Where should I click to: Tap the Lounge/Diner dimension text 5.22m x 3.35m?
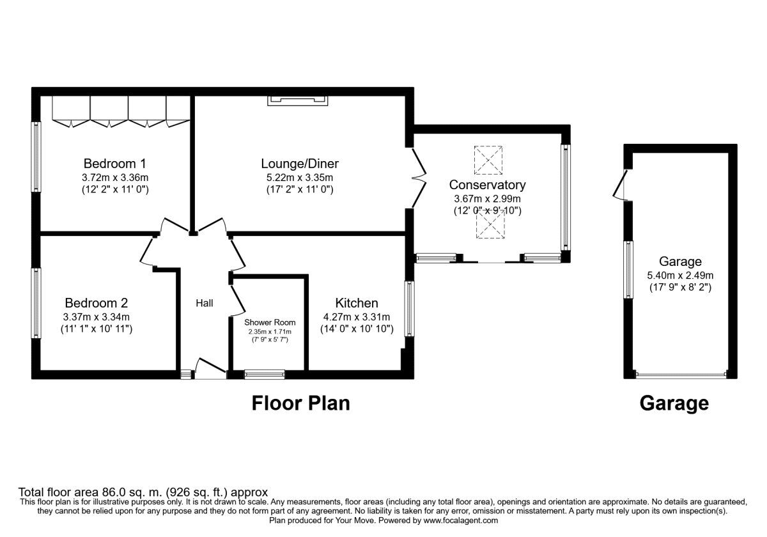point(300,177)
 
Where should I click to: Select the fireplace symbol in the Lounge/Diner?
point(299,100)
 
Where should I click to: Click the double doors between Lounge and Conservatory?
point(416,178)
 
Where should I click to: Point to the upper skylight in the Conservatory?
point(489,160)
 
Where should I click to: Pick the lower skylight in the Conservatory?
point(490,224)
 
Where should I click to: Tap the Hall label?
point(205,303)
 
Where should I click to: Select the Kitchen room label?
point(356,303)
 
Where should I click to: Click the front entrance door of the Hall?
point(210,370)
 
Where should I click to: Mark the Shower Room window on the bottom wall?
point(265,375)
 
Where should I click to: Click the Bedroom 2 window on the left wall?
point(37,302)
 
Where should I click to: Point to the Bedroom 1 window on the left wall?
point(37,157)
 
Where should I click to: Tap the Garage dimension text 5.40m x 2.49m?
point(680,275)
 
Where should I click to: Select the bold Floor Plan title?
point(300,403)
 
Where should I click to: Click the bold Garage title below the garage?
point(674,403)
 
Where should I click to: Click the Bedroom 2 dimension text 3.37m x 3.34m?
point(100,317)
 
